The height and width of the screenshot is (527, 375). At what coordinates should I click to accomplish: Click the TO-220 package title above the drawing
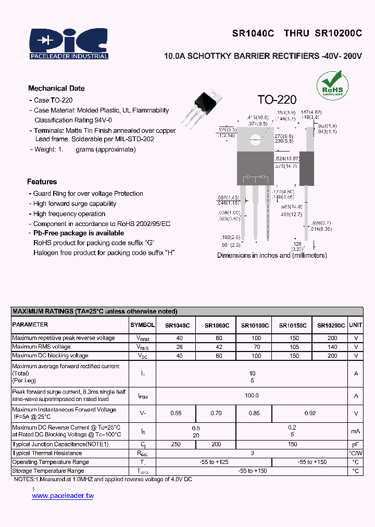pos(277,99)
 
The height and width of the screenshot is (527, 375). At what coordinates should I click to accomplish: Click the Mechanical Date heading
pos(56,89)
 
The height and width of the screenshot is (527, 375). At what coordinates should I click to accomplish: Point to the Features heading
pos(42,182)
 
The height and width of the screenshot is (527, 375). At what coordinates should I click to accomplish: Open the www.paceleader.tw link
pos(63,496)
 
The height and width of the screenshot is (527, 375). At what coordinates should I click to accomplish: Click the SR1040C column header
pos(177,325)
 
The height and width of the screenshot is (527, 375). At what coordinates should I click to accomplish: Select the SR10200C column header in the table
pos(331,325)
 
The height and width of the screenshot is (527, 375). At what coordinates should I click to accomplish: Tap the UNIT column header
pos(356,325)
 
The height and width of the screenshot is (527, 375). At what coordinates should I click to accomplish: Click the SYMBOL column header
pos(142,325)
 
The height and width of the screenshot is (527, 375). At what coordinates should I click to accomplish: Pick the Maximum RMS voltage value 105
pos(294,347)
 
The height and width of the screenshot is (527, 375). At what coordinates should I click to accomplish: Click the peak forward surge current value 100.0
pos(252,396)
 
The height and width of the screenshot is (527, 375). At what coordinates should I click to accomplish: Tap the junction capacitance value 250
pos(176,444)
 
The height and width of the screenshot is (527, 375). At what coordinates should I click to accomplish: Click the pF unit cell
pos(356,444)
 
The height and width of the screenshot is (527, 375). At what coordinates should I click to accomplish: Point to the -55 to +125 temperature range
pos(214,462)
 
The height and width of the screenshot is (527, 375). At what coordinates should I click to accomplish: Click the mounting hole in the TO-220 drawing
pos(255,139)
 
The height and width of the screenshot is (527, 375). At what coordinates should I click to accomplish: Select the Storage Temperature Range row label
pos(48,471)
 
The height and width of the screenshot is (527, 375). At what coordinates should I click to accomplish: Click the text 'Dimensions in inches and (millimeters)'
pos(272,255)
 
